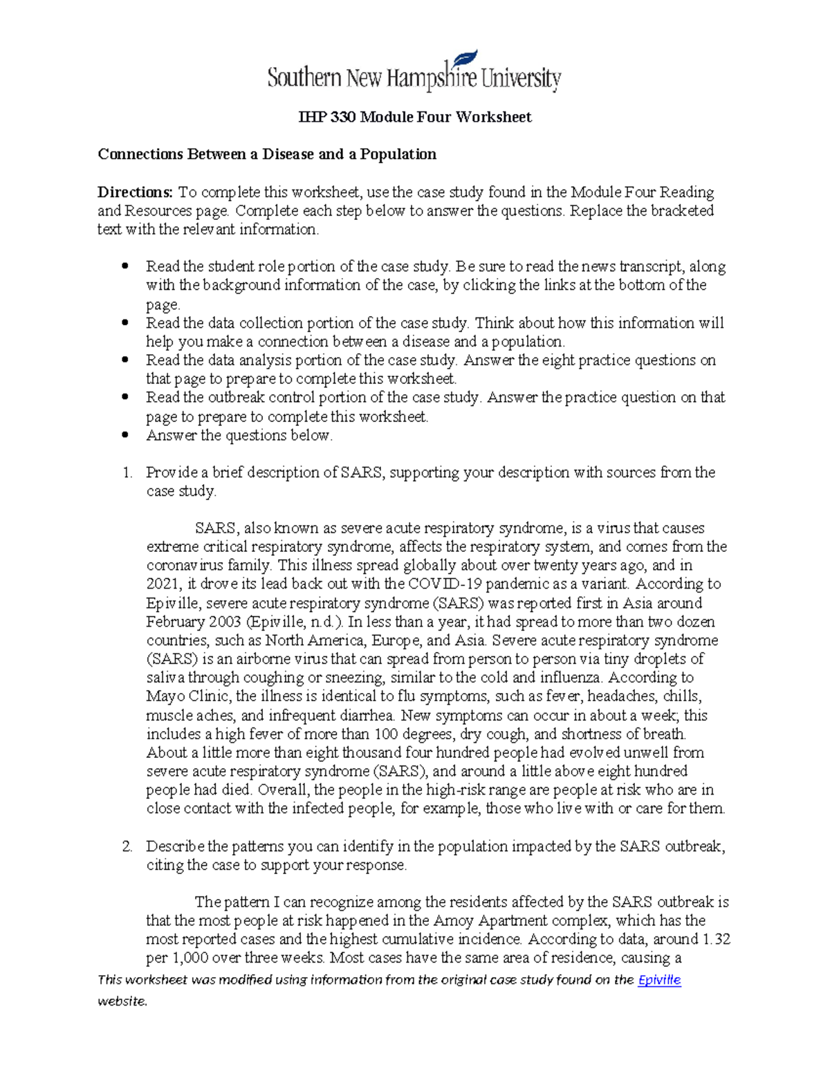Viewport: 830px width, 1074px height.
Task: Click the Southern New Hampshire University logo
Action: pos(414,73)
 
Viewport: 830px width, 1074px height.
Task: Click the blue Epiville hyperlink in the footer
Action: pos(659,979)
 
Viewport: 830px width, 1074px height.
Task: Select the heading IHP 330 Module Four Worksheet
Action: pos(414,117)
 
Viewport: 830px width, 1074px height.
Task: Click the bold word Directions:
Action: pos(135,192)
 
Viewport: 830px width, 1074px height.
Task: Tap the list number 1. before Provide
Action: pos(127,472)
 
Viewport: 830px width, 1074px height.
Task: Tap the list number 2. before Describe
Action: pos(127,846)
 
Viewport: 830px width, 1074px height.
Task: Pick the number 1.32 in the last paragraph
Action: pos(717,939)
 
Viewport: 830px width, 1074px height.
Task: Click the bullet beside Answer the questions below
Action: pos(125,436)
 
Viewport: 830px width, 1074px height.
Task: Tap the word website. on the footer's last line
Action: pos(122,1001)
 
